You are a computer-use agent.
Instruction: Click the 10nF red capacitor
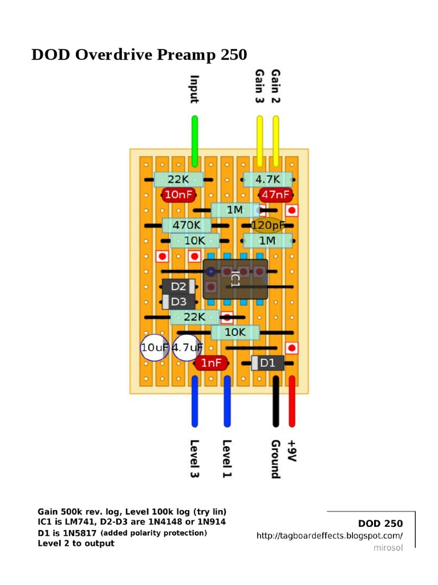click(179, 195)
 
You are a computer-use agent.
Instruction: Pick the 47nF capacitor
click(275, 195)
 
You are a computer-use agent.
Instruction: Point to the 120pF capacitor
click(267, 226)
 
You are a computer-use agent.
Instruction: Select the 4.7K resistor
click(267, 179)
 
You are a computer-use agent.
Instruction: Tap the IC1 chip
click(236, 279)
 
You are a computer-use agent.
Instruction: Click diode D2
click(179, 287)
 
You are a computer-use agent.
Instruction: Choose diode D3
click(179, 302)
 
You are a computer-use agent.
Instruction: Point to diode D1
click(267, 363)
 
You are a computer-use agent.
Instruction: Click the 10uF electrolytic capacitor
click(154, 347)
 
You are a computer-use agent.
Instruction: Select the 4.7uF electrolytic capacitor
click(187, 347)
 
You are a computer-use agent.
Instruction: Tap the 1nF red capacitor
click(212, 363)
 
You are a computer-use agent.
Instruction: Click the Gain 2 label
click(276, 86)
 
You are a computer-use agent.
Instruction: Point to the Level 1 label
click(227, 459)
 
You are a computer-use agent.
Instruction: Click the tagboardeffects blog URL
click(330, 536)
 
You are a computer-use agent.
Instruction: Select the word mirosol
click(388, 548)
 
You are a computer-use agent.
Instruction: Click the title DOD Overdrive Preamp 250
click(139, 55)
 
